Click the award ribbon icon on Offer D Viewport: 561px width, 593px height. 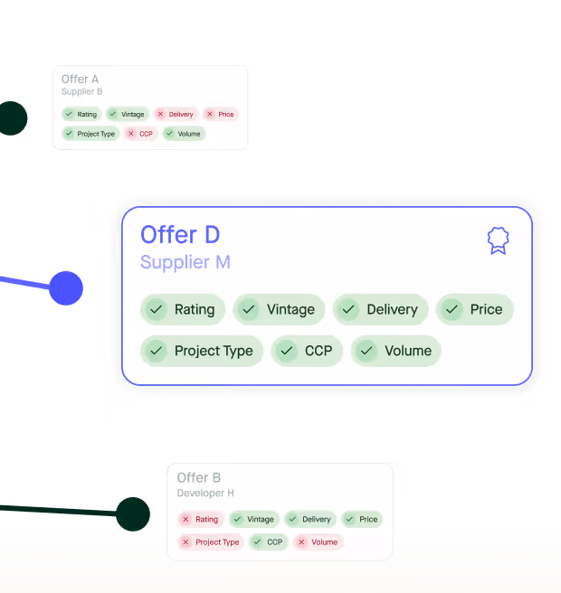[498, 240]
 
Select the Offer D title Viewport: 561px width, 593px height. [180, 235]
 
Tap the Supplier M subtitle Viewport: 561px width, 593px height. [185, 262]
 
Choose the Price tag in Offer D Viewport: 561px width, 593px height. [475, 309]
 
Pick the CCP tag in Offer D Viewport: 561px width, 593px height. [307, 351]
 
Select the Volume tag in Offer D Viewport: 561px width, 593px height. [395, 351]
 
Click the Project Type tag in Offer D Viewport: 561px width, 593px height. [202, 351]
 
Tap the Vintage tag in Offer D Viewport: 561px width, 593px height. [279, 309]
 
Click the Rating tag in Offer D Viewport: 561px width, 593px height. [183, 309]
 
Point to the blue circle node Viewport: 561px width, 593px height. [66, 288]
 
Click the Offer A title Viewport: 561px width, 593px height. [81, 80]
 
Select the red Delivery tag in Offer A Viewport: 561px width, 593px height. [176, 114]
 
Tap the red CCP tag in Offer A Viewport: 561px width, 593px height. [140, 134]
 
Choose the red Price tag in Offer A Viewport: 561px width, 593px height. [220, 114]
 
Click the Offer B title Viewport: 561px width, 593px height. [199, 477]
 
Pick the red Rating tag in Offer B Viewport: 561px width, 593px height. [200, 519]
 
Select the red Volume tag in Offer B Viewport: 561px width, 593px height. [318, 542]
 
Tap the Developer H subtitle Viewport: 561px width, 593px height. [205, 493]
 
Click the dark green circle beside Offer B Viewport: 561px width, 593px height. [132, 513]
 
